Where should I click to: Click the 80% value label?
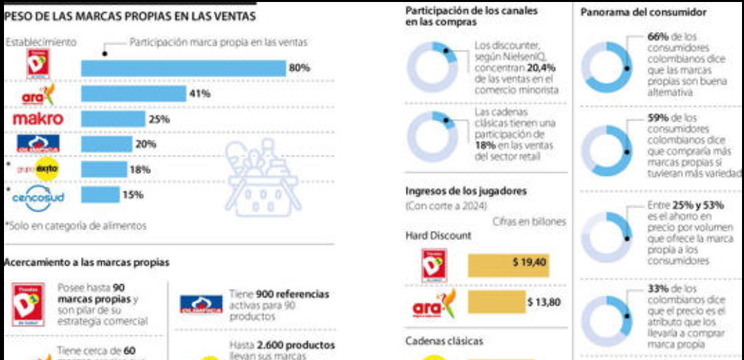pyautogui.click(x=299, y=68)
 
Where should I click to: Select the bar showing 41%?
pyautogui.click(x=133, y=94)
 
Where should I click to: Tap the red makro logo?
pyautogui.click(x=38, y=119)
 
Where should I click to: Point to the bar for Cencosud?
pyautogui.click(x=100, y=195)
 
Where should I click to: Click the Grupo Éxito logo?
pyautogui.click(x=39, y=170)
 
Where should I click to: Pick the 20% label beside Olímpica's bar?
pyautogui.click(x=145, y=144)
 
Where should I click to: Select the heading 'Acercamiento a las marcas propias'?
pyautogui.click(x=87, y=262)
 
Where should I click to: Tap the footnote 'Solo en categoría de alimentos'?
pyautogui.click(x=77, y=226)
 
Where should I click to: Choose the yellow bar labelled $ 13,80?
pyautogui.click(x=496, y=302)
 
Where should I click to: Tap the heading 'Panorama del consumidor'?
pyautogui.click(x=644, y=13)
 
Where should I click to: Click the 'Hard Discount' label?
pyautogui.click(x=438, y=236)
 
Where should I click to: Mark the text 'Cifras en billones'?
pyautogui.click(x=529, y=222)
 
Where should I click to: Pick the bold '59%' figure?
pyautogui.click(x=659, y=118)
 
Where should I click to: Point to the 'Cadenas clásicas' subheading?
pyautogui.click(x=445, y=341)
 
